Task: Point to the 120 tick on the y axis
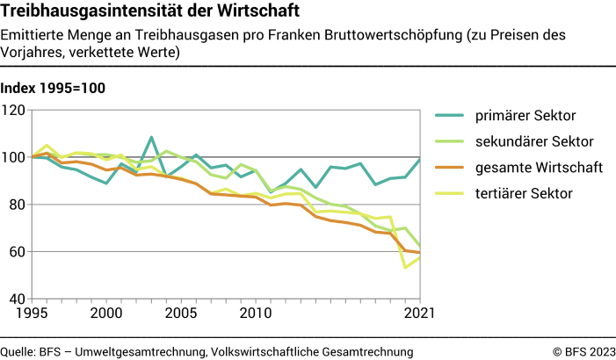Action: (x=15, y=110)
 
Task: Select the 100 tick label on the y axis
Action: (x=15, y=157)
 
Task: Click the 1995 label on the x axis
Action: (x=32, y=313)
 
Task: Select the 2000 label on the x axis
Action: (x=106, y=313)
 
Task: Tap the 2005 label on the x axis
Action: (x=181, y=313)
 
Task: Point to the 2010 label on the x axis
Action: (x=255, y=313)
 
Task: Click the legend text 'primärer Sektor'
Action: (x=525, y=116)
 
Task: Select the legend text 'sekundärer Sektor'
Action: (x=534, y=141)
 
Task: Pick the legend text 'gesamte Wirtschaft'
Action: (x=538, y=167)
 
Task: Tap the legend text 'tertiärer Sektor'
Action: (x=525, y=193)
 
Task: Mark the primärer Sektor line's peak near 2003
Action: (x=151, y=138)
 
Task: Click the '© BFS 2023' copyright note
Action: (x=583, y=351)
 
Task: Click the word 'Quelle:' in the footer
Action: (x=18, y=351)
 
